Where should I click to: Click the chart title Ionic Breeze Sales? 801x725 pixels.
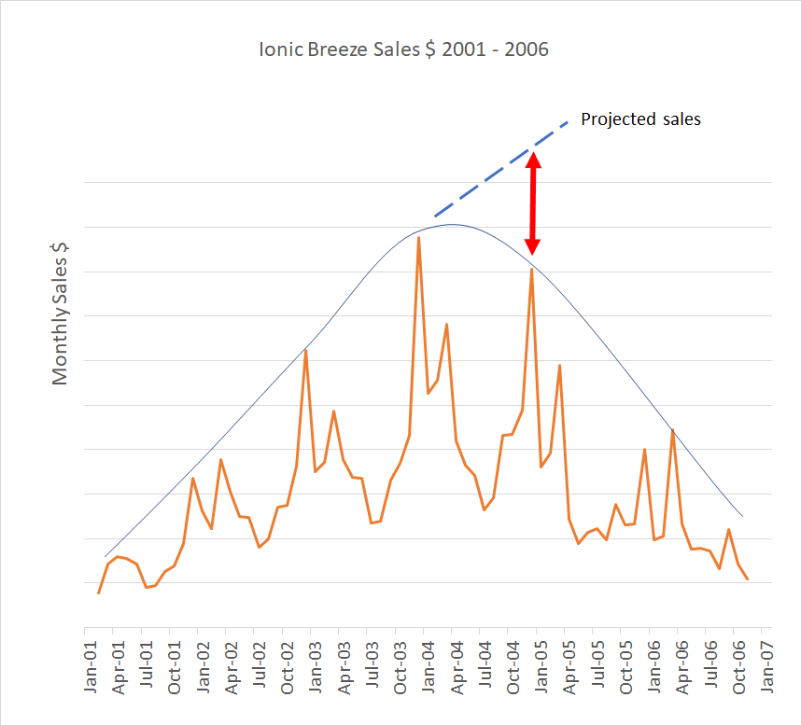tap(403, 49)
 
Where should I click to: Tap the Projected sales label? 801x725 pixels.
tap(640, 119)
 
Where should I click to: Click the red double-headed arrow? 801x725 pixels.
tap(532, 203)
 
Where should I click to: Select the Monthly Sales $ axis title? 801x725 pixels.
tap(61, 313)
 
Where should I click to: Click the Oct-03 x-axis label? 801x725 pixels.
tap(400, 666)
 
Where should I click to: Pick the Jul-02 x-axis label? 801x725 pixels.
tap(260, 666)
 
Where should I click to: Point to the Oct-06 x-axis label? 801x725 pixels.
tap(738, 666)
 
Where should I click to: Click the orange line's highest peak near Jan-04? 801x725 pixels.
tap(418, 238)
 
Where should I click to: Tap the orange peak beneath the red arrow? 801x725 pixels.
tap(531, 270)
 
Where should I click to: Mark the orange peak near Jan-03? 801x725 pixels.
tap(305, 350)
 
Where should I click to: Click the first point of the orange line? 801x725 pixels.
tap(99, 593)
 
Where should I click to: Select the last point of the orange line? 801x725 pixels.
tap(747, 579)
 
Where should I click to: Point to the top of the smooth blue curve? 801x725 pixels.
tap(453, 224)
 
